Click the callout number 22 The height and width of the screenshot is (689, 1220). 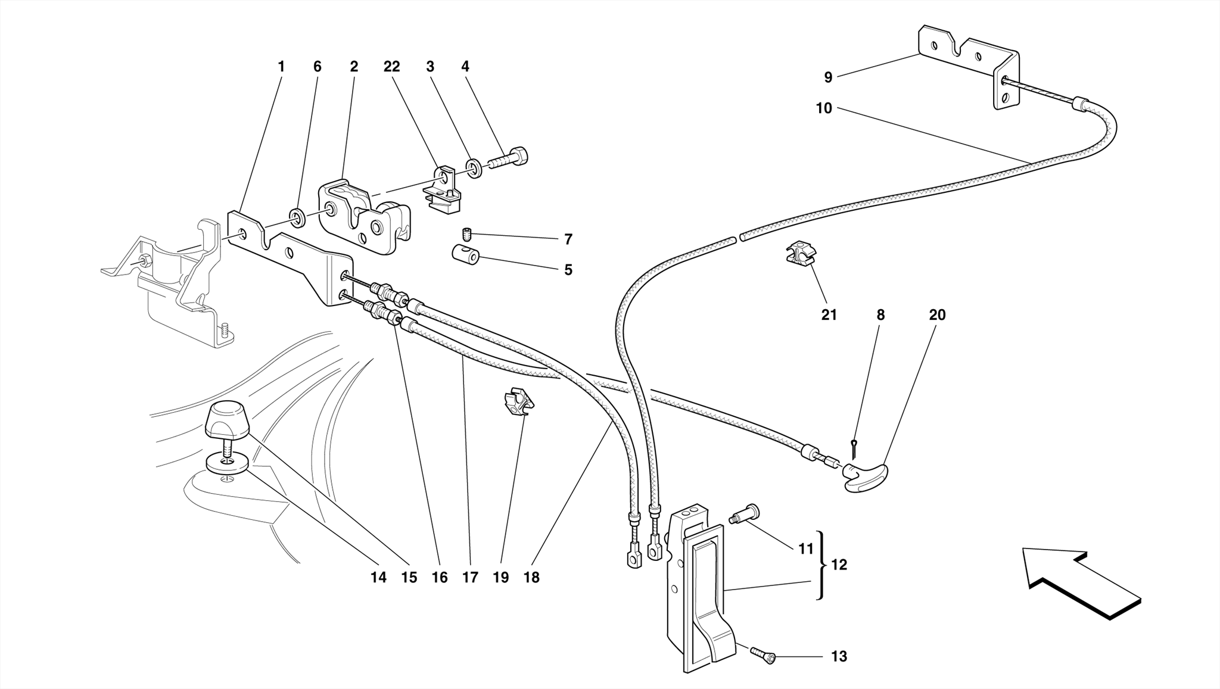pos(391,67)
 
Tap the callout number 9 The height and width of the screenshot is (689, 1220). pos(827,77)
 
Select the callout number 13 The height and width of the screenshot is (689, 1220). pos(839,656)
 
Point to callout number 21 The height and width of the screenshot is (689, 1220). pos(829,315)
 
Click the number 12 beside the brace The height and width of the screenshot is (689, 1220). pos(839,565)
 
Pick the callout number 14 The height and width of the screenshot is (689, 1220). pos(378,577)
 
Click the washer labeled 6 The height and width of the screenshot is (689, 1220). pos(297,217)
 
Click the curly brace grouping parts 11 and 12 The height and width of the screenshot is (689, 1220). pos(823,565)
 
